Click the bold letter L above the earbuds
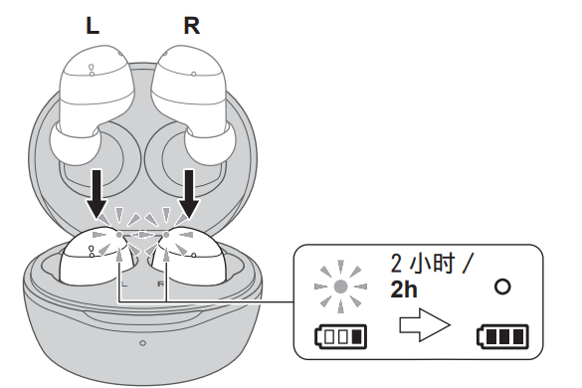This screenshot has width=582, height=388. coord(93,26)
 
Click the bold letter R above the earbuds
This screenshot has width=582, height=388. coord(192,26)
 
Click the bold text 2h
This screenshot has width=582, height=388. coord(405,291)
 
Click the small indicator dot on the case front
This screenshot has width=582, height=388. coord(143,343)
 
